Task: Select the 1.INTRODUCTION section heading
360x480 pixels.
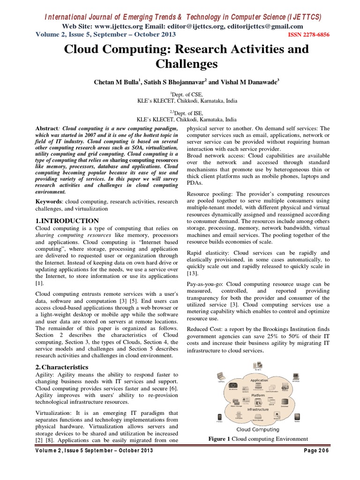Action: click(x=67, y=220)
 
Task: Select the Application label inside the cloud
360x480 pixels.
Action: click(x=259, y=380)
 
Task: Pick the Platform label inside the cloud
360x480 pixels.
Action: click(x=259, y=395)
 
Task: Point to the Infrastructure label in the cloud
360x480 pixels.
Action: click(x=258, y=409)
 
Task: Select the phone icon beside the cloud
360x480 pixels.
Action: click(x=220, y=417)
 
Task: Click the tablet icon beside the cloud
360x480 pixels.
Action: click(x=297, y=416)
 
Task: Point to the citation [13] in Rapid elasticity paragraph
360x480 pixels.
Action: click(x=193, y=273)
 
